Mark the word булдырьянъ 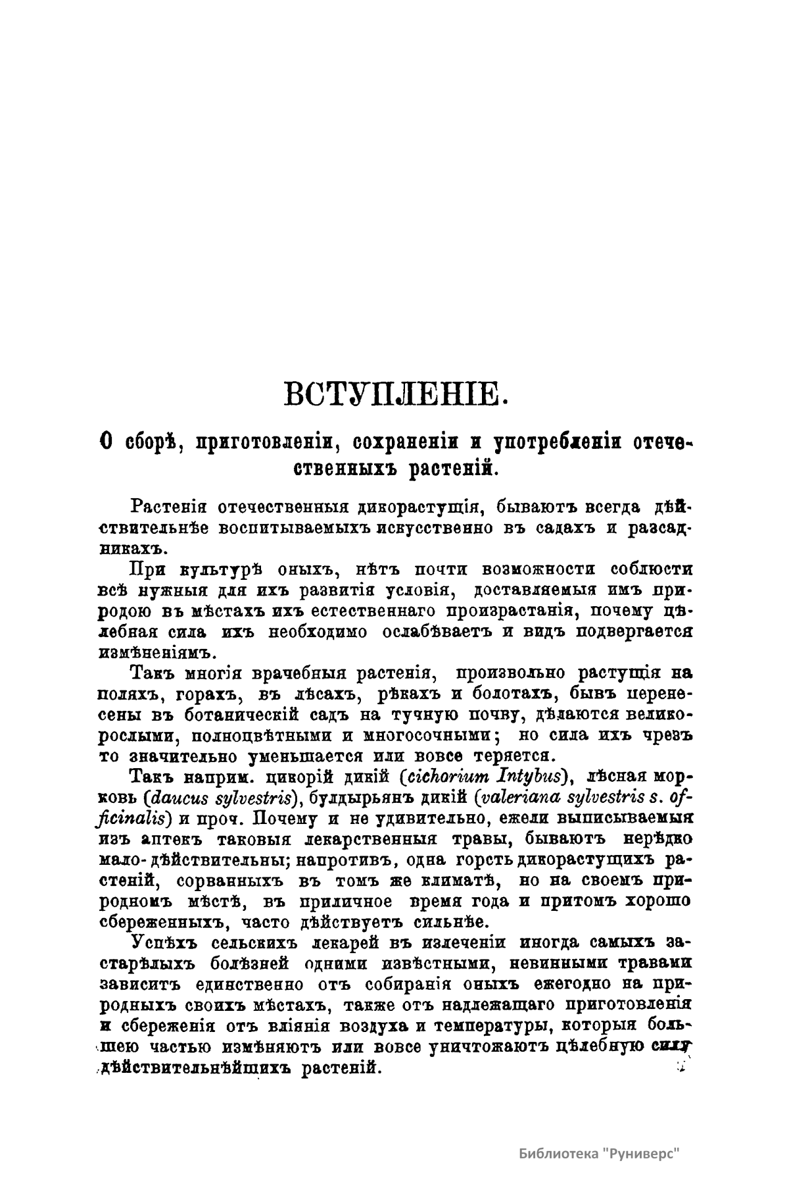pyautogui.click(x=359, y=797)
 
